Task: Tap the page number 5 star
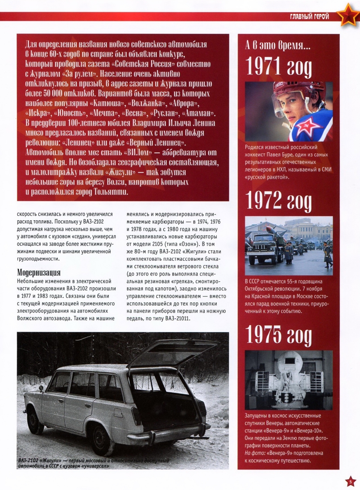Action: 350,481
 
